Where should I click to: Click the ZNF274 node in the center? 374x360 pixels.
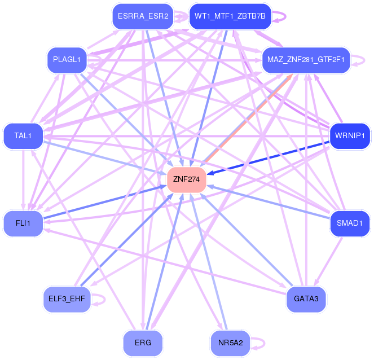point(187,179)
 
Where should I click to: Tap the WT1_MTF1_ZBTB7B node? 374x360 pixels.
point(230,16)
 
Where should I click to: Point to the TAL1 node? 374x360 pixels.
point(23,136)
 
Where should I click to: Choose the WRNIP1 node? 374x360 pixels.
point(350,136)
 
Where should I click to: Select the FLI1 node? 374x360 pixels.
point(23,223)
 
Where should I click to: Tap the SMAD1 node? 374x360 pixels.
point(350,223)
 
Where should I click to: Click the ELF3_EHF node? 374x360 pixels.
point(66,298)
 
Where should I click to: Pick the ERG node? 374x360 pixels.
point(143,343)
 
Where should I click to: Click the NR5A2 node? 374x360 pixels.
point(230,343)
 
